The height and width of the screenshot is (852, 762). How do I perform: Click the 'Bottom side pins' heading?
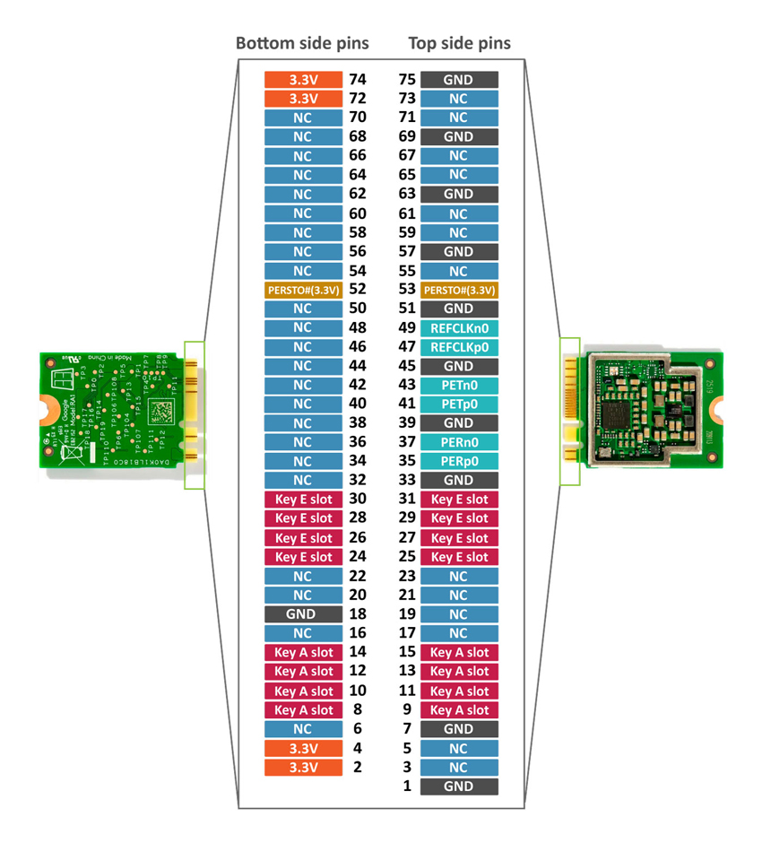[x=302, y=43]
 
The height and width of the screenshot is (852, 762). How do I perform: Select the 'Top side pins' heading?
[x=459, y=43]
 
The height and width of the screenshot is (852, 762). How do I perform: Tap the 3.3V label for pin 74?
[x=303, y=80]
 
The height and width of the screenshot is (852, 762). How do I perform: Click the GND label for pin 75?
[x=459, y=80]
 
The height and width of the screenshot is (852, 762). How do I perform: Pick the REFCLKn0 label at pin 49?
[x=459, y=328]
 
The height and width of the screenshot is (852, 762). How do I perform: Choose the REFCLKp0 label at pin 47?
[x=459, y=347]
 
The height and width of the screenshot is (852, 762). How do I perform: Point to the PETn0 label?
[x=459, y=385]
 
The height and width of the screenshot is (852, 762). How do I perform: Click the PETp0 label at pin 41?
[x=459, y=404]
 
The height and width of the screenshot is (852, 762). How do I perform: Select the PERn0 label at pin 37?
[x=459, y=442]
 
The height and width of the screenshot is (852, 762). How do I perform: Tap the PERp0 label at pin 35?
[x=459, y=461]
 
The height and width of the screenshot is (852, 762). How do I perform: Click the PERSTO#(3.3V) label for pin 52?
[x=303, y=290]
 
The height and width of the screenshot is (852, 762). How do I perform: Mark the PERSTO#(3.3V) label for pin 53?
[x=459, y=290]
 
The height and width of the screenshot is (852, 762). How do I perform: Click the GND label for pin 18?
[x=303, y=614]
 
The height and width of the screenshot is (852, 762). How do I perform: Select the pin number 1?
[x=407, y=787]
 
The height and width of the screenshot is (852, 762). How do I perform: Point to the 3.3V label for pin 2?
[x=303, y=768]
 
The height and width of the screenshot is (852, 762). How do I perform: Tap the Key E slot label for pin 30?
[x=303, y=500]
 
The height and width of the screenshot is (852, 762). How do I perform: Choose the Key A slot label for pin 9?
[x=459, y=710]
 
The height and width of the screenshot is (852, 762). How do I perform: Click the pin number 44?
[x=357, y=366]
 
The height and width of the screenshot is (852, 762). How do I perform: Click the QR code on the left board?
[x=158, y=413]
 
